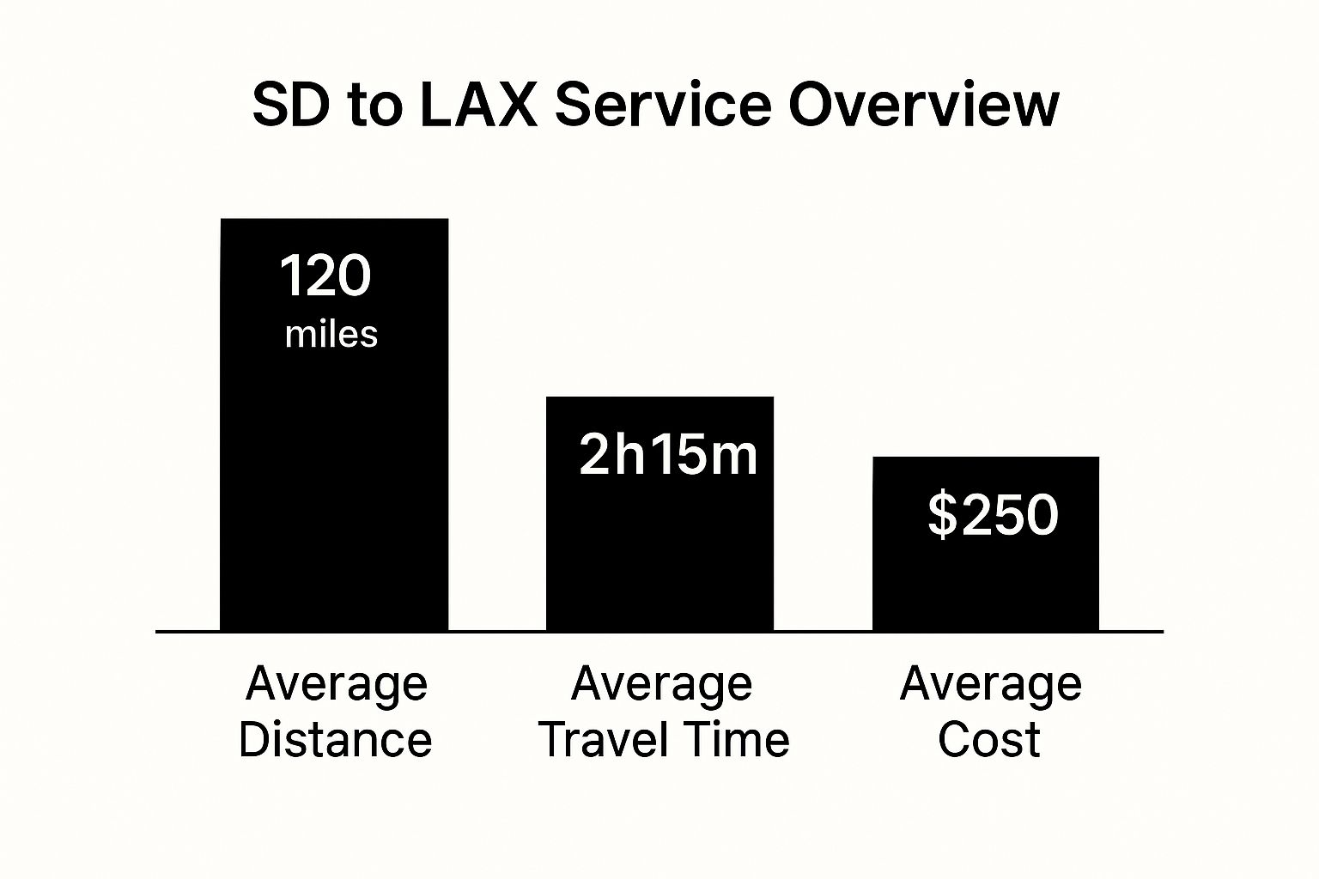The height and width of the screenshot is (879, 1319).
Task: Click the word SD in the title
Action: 291,105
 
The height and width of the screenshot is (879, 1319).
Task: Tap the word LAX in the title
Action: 478,105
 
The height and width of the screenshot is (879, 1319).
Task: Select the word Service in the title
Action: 663,105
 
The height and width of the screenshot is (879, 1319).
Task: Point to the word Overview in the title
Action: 923,105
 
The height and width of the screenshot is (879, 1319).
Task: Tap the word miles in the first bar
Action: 331,335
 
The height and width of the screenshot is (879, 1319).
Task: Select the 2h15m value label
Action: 668,454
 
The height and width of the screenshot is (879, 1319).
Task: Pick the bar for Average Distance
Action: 334,425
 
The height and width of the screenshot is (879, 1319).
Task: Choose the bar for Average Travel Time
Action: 660,514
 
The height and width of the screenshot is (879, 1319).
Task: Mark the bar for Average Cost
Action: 986,544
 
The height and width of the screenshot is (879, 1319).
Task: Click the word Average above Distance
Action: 337,685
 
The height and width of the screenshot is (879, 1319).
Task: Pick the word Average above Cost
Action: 991,685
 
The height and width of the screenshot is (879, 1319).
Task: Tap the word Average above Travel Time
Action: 662,685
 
